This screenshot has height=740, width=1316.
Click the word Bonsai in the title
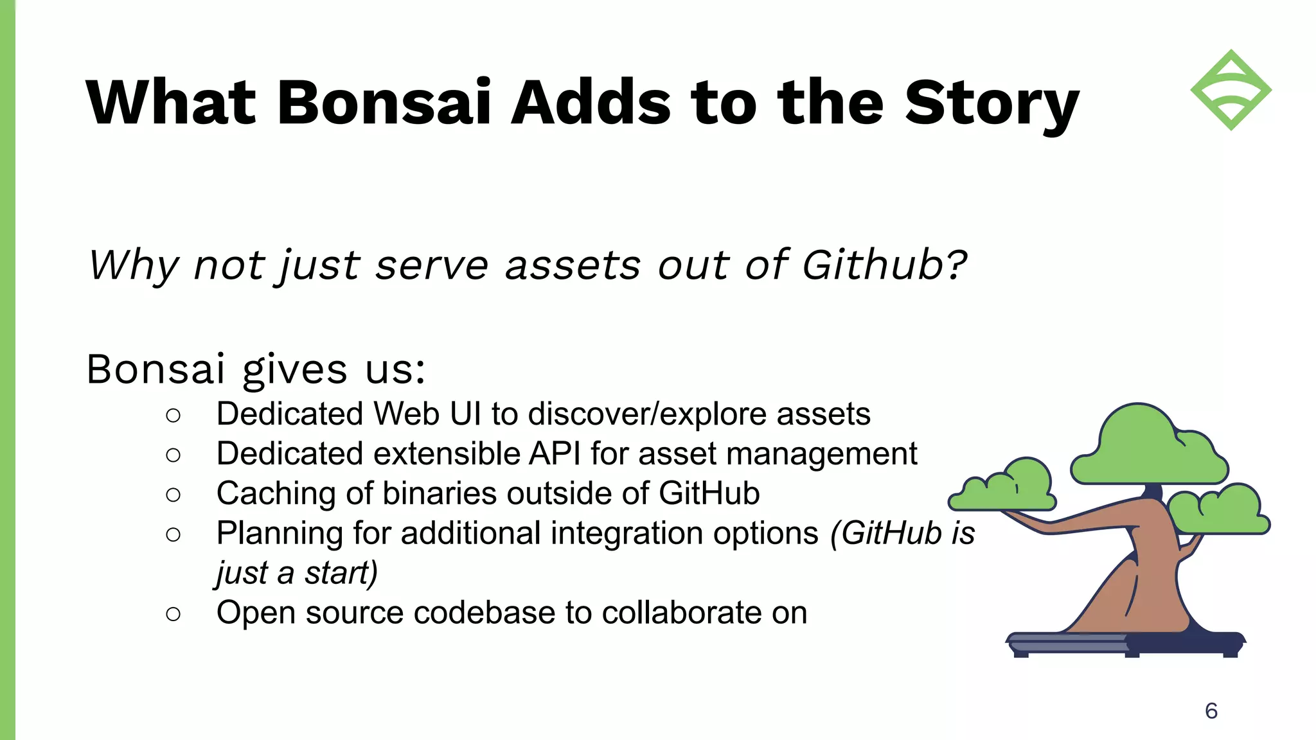384,103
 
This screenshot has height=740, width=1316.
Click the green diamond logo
1231,90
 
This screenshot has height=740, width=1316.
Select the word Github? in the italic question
884,265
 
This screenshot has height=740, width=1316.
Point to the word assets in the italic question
573,266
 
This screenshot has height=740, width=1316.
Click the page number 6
1211,710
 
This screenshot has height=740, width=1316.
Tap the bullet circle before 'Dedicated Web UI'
173,416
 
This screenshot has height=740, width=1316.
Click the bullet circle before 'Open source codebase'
173,614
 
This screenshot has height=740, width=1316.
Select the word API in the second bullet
555,454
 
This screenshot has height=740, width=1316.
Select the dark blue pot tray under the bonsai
1125,644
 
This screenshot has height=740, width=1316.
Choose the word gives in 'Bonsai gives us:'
294,370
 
